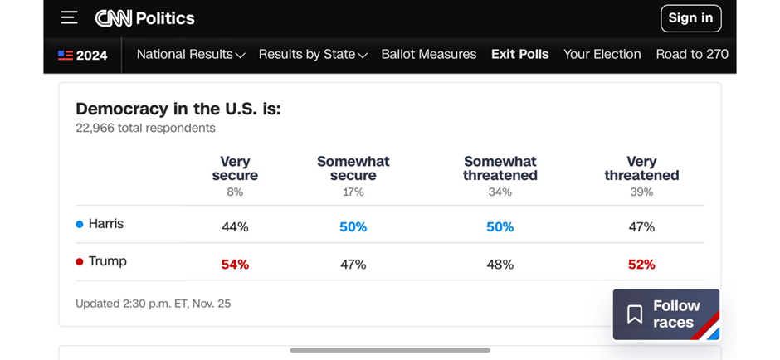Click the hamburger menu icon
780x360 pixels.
[x=69, y=17]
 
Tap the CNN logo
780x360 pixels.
[x=114, y=18]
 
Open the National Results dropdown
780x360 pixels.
[x=191, y=55]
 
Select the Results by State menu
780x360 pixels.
[x=313, y=55]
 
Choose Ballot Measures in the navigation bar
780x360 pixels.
[x=429, y=55]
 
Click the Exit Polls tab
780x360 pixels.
[x=520, y=55]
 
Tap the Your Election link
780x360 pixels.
[x=602, y=55]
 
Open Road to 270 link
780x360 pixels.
[x=692, y=55]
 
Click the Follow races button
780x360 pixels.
[x=665, y=314]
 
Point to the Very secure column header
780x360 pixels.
[x=235, y=168]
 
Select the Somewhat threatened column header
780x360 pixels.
[x=500, y=168]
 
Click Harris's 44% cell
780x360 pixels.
[x=235, y=227]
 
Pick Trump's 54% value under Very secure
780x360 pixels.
[x=235, y=265]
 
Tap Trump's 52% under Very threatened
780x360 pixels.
[x=641, y=265]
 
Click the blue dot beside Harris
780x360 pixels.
[x=80, y=224]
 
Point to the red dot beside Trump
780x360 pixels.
[x=80, y=261]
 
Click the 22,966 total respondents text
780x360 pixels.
[x=145, y=129]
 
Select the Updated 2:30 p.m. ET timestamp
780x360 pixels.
[x=153, y=304]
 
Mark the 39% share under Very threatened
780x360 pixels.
[x=641, y=192]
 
